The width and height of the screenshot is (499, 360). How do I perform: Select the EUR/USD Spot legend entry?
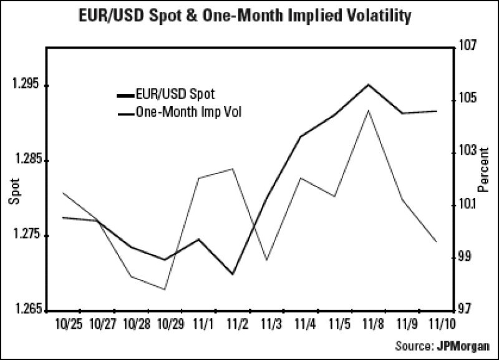[175, 95]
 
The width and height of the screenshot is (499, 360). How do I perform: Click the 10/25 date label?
[67, 325]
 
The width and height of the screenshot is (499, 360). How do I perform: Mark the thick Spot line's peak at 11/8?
[369, 84]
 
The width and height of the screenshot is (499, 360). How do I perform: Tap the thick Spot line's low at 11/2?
[233, 274]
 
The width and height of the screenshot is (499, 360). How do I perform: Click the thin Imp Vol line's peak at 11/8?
[369, 110]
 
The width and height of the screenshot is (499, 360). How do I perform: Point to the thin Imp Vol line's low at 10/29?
[165, 289]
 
